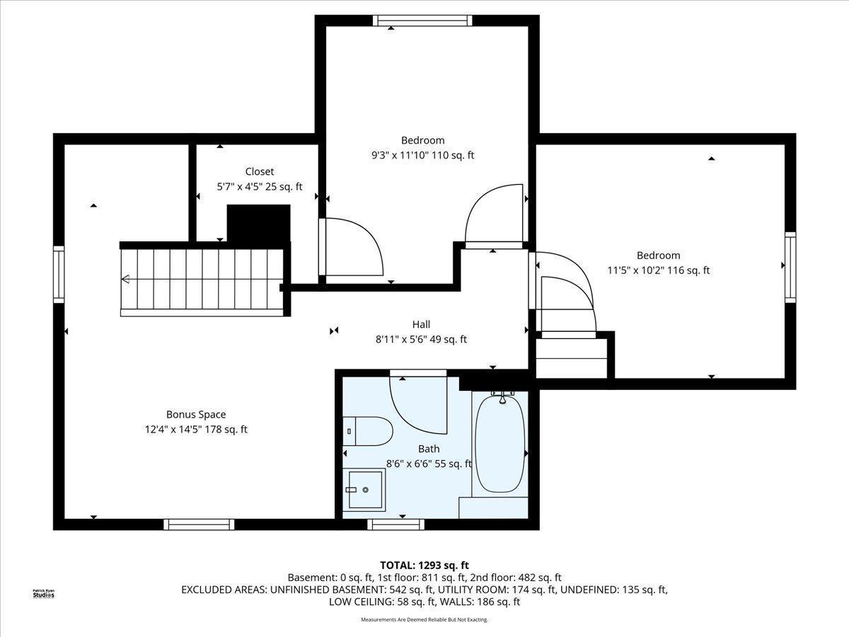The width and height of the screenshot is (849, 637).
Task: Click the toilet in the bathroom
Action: pyautogui.click(x=367, y=431)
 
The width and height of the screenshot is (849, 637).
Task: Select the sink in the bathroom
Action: pyautogui.click(x=364, y=490)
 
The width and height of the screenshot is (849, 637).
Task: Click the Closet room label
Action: pyautogui.click(x=259, y=171)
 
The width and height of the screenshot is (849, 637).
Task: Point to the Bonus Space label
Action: pyautogui.click(x=196, y=414)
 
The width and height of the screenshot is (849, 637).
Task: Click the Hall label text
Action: pyautogui.click(x=421, y=324)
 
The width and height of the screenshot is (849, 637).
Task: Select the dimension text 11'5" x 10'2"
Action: pyautogui.click(x=635, y=270)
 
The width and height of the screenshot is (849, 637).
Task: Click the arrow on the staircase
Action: pyautogui.click(x=125, y=278)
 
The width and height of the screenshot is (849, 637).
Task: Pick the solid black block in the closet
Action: pyautogui.click(x=258, y=224)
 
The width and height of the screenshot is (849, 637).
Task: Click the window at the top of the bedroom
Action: pyautogui.click(x=422, y=21)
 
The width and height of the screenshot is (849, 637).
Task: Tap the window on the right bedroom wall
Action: pyautogui.click(x=790, y=268)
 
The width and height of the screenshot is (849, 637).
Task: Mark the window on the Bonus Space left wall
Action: pyautogui.click(x=59, y=274)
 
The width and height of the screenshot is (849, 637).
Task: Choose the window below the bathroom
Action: pyautogui.click(x=395, y=524)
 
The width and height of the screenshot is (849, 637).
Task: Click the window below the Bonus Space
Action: pyautogui.click(x=199, y=524)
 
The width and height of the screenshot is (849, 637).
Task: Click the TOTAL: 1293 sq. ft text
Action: pyautogui.click(x=424, y=566)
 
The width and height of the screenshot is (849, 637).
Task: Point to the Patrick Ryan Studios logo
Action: pyautogui.click(x=44, y=594)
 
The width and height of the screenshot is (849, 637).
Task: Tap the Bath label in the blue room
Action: pyautogui.click(x=429, y=449)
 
